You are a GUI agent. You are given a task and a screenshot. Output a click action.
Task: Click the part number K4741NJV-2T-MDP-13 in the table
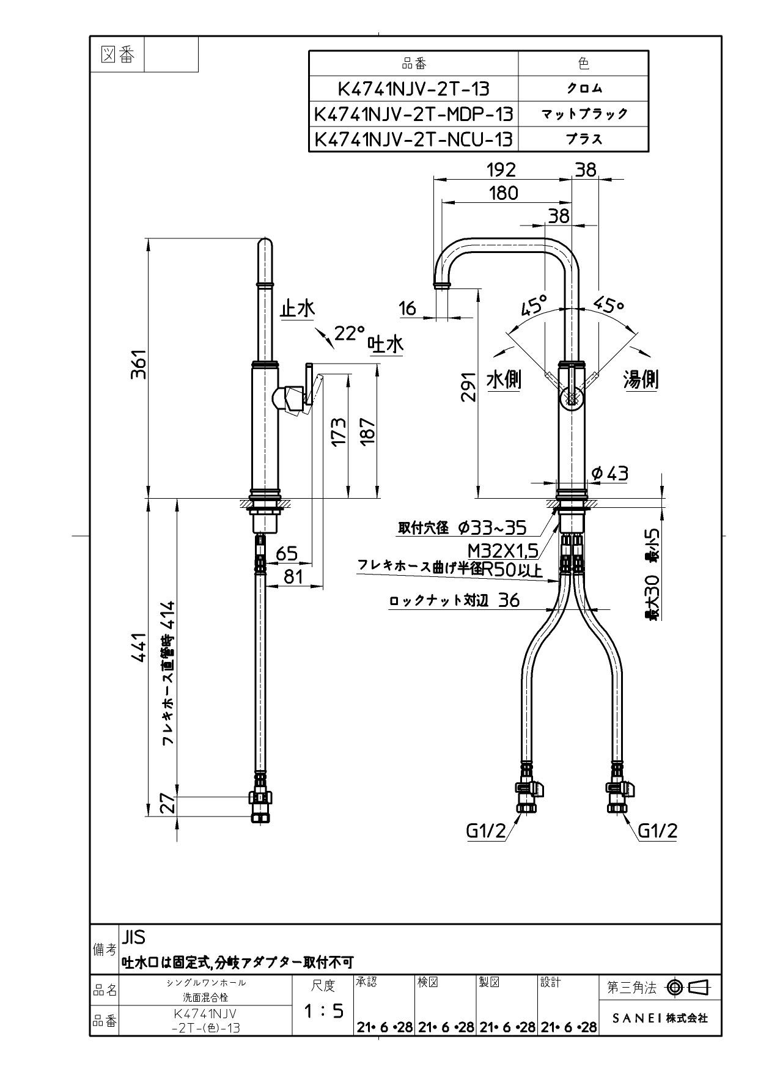(413, 114)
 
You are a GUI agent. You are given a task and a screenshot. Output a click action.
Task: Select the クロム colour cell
(583, 89)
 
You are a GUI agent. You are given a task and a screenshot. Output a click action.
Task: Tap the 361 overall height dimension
(139, 364)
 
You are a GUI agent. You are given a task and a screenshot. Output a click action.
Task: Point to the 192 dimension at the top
(501, 169)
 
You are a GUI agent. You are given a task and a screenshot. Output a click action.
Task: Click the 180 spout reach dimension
(503, 193)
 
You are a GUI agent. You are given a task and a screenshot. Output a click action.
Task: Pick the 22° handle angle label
(349, 333)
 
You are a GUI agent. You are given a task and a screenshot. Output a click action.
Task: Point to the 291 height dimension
(468, 387)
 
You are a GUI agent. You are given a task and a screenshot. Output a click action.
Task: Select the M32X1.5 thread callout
(503, 551)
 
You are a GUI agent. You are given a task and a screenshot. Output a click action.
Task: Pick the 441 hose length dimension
(139, 648)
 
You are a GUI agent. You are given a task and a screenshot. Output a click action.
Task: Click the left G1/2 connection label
(486, 831)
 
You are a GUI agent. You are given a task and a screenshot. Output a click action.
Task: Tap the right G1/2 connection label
(657, 831)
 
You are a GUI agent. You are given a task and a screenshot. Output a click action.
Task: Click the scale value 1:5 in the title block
(323, 1011)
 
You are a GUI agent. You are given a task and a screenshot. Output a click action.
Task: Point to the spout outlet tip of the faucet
(442, 286)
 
